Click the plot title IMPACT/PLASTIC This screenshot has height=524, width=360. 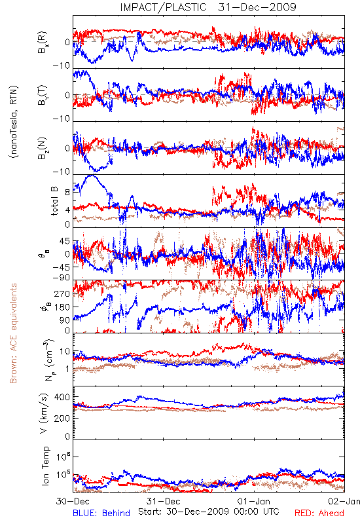click(x=163, y=7)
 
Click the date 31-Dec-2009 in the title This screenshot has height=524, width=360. click(x=257, y=7)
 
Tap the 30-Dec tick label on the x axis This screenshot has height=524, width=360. click(x=73, y=501)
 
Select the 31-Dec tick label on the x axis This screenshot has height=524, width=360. click(x=163, y=501)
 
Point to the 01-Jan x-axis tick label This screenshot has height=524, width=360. click(x=254, y=501)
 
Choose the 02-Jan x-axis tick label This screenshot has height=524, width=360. click(x=344, y=501)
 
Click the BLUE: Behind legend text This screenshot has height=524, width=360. click(x=101, y=513)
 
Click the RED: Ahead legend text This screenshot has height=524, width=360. click(x=319, y=513)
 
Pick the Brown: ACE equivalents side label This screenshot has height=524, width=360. click(x=13, y=333)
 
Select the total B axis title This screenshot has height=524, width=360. click(x=54, y=201)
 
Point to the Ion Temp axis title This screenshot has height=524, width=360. click(x=45, y=466)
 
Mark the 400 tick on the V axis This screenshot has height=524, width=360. click(x=62, y=397)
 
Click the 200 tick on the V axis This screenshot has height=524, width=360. click(x=62, y=418)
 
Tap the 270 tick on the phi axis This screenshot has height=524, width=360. click(x=62, y=293)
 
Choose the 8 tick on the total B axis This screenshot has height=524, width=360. click(x=67, y=192)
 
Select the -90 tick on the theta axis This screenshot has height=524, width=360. click(x=61, y=277)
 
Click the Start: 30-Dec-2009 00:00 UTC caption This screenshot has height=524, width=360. click(x=209, y=512)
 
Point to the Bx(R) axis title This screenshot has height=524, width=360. click(x=43, y=43)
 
